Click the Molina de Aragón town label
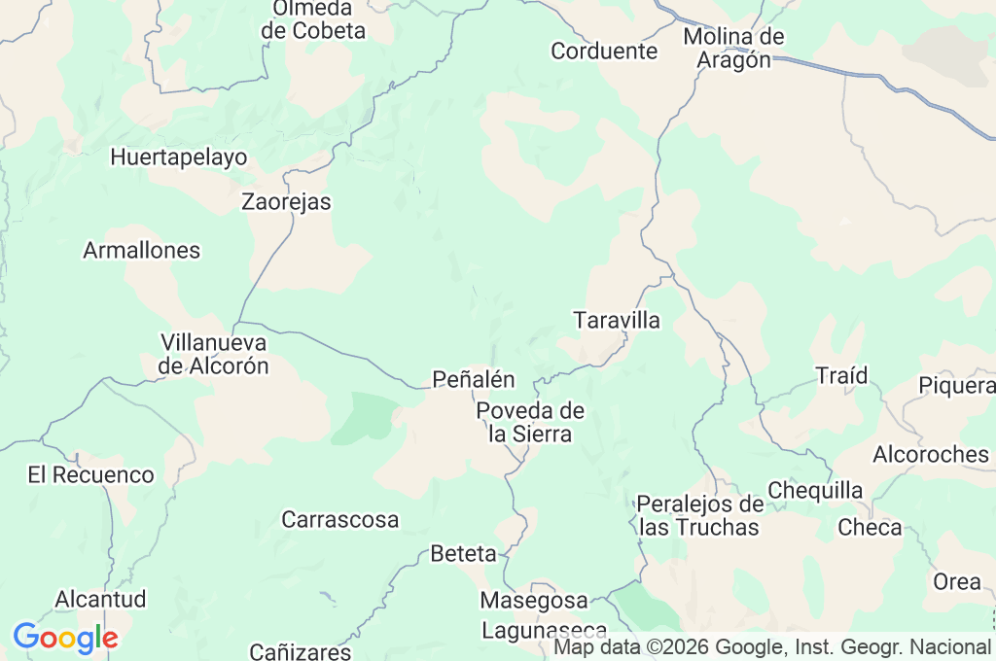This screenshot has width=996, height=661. (x=733, y=48)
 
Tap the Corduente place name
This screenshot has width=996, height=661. (x=604, y=51)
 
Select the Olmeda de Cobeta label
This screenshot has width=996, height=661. (x=313, y=19)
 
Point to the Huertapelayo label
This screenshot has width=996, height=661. (x=179, y=157)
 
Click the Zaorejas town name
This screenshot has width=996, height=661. (x=286, y=202)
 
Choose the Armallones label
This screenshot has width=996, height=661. (x=142, y=250)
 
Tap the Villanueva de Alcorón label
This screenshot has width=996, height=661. (x=214, y=354)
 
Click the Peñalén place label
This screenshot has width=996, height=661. (x=474, y=379)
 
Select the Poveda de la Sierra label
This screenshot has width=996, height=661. (x=530, y=422)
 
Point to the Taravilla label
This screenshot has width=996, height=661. (x=617, y=320)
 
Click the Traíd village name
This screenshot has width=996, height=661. (x=841, y=375)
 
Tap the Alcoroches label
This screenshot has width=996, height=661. (x=930, y=454)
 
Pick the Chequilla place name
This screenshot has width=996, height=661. (x=815, y=490)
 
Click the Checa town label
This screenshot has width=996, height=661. (x=870, y=528)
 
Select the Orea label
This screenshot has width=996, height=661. (x=957, y=581)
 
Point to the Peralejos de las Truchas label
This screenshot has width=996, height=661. (x=699, y=515)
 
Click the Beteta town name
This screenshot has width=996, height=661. (x=463, y=554)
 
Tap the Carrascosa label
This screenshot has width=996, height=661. (x=339, y=519)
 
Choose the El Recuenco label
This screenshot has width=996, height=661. (x=90, y=474)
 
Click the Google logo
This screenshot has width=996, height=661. (x=65, y=638)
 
